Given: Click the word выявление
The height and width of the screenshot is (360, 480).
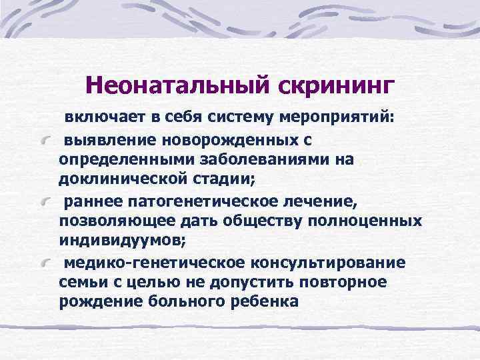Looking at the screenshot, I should pyautogui.click(x=104, y=141).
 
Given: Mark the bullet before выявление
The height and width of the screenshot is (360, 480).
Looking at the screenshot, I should pyautogui.click(x=45, y=142).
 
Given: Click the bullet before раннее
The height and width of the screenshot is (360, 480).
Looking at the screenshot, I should pyautogui.click(x=45, y=202).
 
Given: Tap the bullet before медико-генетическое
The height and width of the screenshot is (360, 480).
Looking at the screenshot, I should pyautogui.click(x=45, y=263).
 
